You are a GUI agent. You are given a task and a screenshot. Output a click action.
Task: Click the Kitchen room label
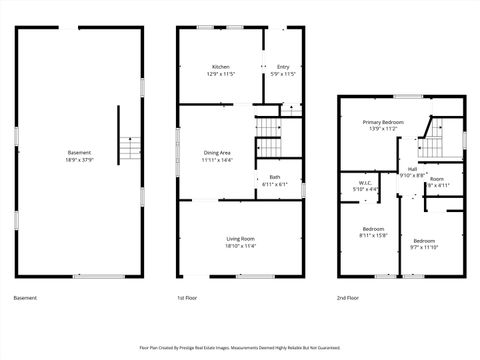click(x=220, y=67)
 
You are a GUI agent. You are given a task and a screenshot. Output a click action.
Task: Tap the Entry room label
click(x=283, y=67)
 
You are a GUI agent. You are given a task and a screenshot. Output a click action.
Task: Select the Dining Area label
click(x=217, y=153)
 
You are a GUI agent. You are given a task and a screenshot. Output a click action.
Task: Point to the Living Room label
click(x=240, y=238)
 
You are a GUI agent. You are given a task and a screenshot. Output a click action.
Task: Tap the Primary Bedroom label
click(x=384, y=121)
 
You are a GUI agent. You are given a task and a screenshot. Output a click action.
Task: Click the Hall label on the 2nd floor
click(x=412, y=170)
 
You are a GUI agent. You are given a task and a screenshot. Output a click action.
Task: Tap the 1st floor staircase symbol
click(x=269, y=131)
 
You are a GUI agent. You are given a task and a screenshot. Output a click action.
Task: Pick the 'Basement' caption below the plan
click(x=26, y=298)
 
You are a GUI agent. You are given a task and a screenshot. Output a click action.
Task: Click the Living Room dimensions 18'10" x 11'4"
click(x=240, y=244)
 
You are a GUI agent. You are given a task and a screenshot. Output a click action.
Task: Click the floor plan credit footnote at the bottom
click(x=240, y=347)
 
